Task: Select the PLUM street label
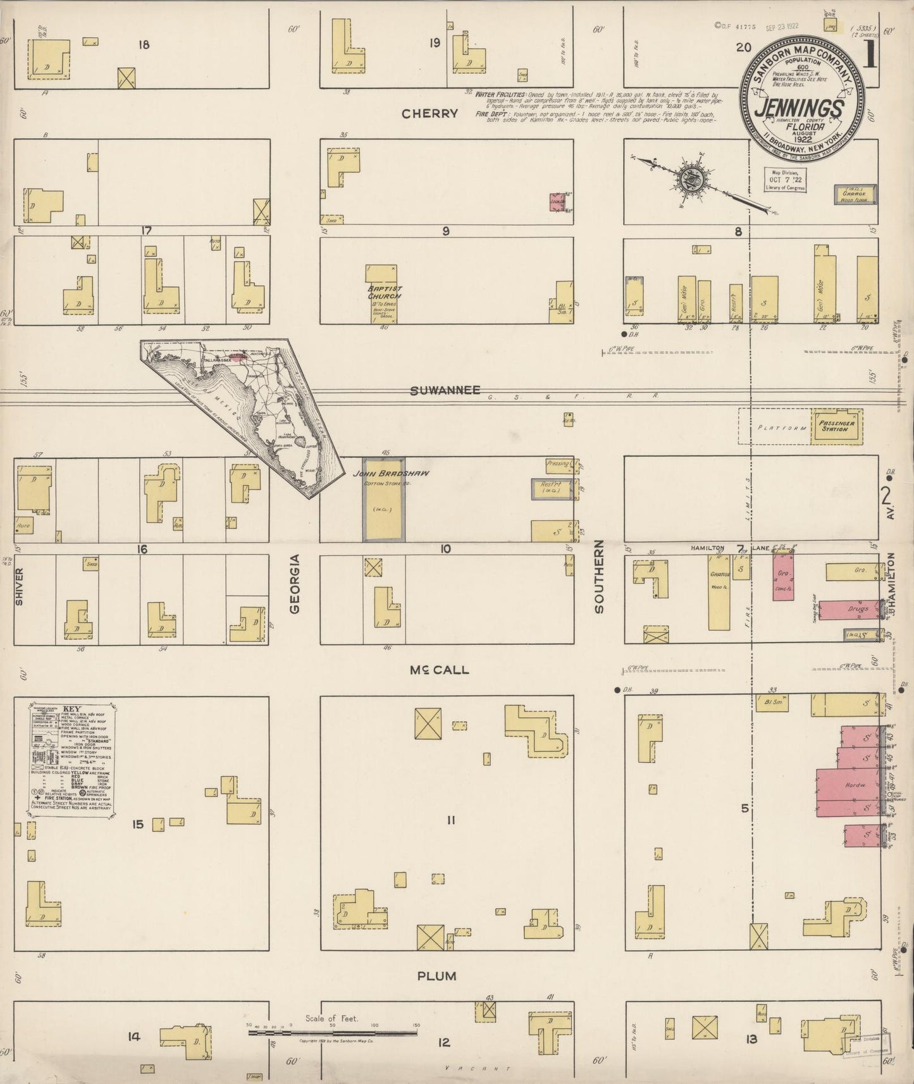pos(437,976)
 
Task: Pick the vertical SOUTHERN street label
pos(598,576)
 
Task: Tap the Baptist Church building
pos(380,294)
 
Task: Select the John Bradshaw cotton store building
pos(384,500)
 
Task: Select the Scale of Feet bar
pos(332,1033)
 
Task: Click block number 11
pos(450,820)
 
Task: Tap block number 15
pos(138,824)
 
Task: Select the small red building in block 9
pos(557,202)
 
